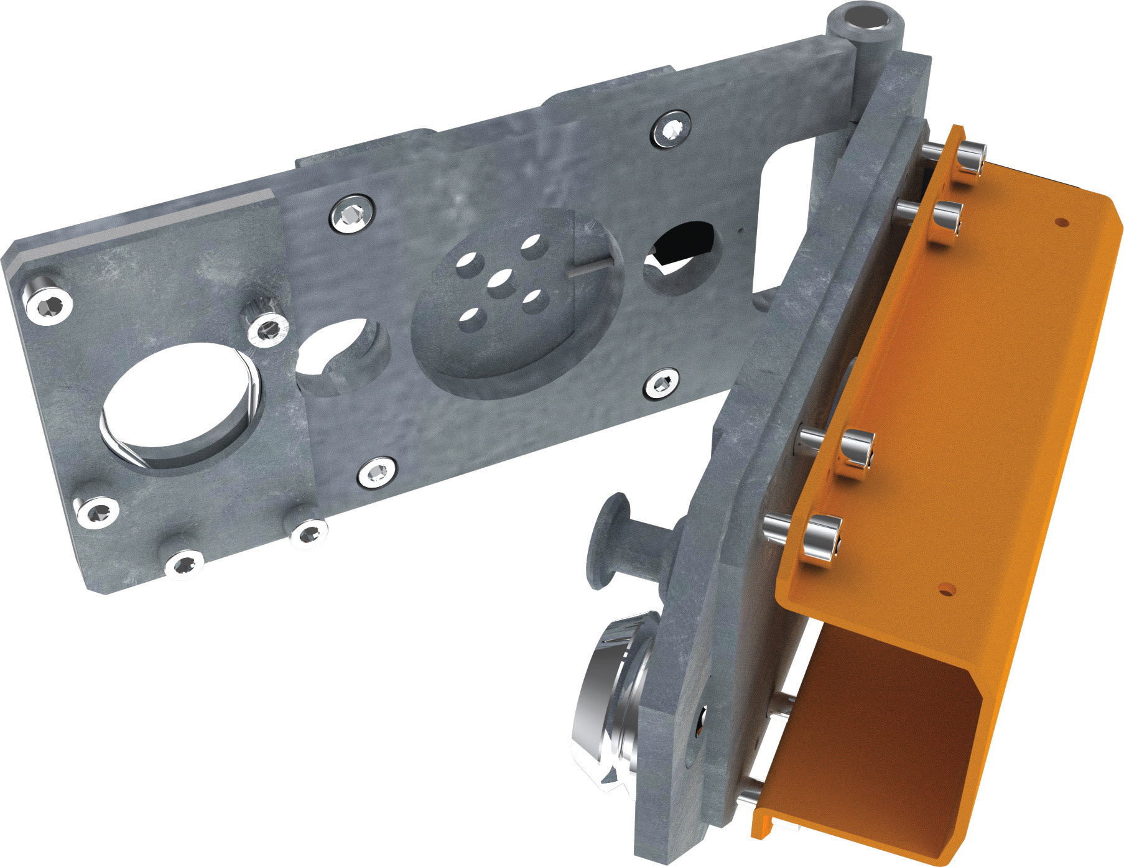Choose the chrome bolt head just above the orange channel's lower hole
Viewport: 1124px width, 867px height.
pos(821,534)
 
